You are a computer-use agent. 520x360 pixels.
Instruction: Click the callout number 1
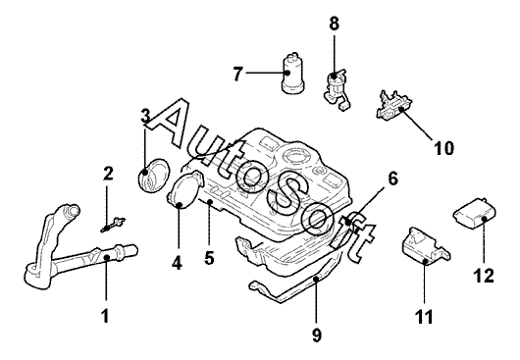(x=105, y=315)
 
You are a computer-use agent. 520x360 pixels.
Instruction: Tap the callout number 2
(x=108, y=174)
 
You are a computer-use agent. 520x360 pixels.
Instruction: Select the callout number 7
(x=238, y=74)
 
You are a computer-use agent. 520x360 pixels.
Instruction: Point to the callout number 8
(x=334, y=24)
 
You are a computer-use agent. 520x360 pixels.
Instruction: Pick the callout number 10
(x=444, y=148)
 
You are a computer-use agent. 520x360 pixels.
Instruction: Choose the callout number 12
(x=484, y=276)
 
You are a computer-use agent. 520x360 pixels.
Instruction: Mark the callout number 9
(x=317, y=335)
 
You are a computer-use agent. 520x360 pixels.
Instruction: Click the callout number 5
(x=209, y=258)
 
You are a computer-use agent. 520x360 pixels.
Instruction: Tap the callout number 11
(x=424, y=317)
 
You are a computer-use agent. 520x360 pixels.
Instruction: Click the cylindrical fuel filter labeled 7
(x=292, y=74)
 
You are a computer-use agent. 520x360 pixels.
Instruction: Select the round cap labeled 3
(x=153, y=175)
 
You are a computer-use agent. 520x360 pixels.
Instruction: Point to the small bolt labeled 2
(x=113, y=224)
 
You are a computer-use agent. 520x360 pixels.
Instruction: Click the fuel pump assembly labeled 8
(x=337, y=89)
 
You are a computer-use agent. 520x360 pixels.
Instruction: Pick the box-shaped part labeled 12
(x=474, y=214)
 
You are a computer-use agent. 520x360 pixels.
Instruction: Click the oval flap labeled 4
(x=184, y=189)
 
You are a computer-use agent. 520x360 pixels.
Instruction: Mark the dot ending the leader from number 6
(x=348, y=221)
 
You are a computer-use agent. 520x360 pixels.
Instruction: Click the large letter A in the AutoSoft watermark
(x=169, y=122)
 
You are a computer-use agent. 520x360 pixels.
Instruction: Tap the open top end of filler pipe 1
(x=72, y=210)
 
